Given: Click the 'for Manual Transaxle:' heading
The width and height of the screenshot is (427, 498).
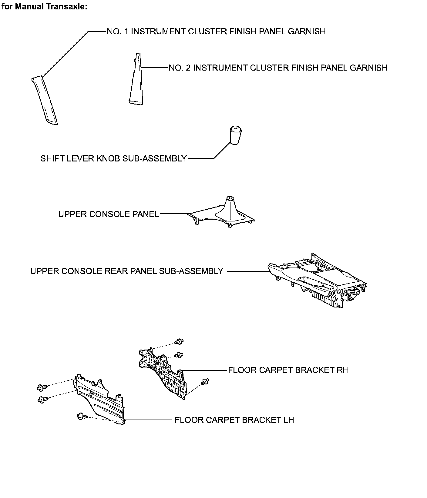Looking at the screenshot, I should (x=45, y=7).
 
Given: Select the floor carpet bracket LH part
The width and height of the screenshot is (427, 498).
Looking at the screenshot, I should (x=100, y=400).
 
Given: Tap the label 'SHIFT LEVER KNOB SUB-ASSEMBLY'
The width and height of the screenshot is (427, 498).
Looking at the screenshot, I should (x=113, y=158).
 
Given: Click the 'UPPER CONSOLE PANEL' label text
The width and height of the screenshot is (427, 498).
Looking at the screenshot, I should (x=109, y=214).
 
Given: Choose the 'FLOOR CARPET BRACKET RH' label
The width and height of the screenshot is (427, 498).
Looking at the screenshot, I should (x=288, y=370).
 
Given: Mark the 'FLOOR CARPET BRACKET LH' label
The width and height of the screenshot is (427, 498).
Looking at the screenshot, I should (x=234, y=420).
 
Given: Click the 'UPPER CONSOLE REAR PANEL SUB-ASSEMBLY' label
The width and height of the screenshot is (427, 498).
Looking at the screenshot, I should (x=127, y=271).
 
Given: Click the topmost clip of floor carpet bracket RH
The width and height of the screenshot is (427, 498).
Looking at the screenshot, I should (x=178, y=342).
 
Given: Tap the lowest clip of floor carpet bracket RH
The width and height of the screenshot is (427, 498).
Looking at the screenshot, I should (x=205, y=382).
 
